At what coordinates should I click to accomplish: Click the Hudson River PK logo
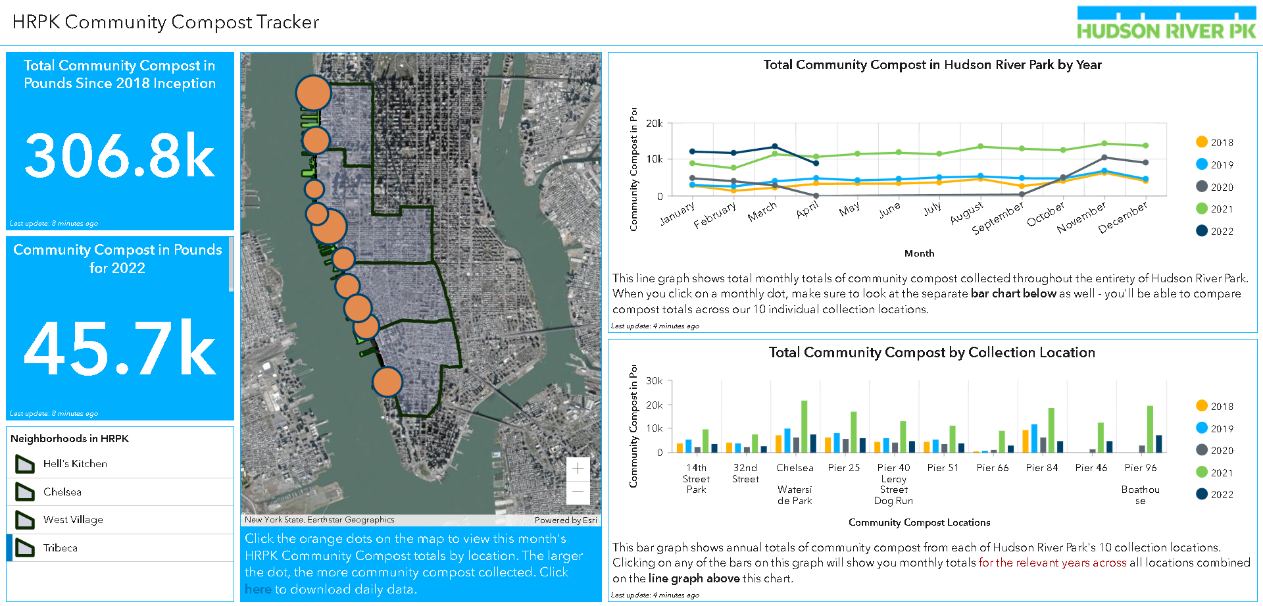(1166, 23)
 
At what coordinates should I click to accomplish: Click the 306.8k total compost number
(120, 156)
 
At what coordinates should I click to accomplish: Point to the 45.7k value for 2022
(120, 348)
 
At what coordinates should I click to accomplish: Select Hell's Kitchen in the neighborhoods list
(75, 464)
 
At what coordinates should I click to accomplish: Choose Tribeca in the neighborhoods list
(61, 548)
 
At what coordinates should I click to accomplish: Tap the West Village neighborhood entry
(73, 520)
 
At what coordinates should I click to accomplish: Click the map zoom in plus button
(578, 468)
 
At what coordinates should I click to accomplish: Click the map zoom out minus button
(578, 492)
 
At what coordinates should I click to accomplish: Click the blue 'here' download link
(258, 590)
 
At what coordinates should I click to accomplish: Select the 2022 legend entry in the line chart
(1214, 231)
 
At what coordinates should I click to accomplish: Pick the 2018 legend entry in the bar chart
(1214, 406)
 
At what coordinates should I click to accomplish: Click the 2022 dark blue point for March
(775, 147)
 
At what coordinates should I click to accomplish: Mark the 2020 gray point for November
(1104, 157)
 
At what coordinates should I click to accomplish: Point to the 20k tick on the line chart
(654, 123)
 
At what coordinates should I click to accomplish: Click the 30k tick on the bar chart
(654, 381)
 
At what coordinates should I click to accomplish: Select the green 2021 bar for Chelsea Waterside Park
(804, 426)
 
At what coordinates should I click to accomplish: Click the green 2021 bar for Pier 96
(1150, 429)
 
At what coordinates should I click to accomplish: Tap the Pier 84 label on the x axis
(1042, 468)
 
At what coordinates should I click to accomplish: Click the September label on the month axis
(998, 217)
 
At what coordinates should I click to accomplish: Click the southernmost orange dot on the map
(387, 382)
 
